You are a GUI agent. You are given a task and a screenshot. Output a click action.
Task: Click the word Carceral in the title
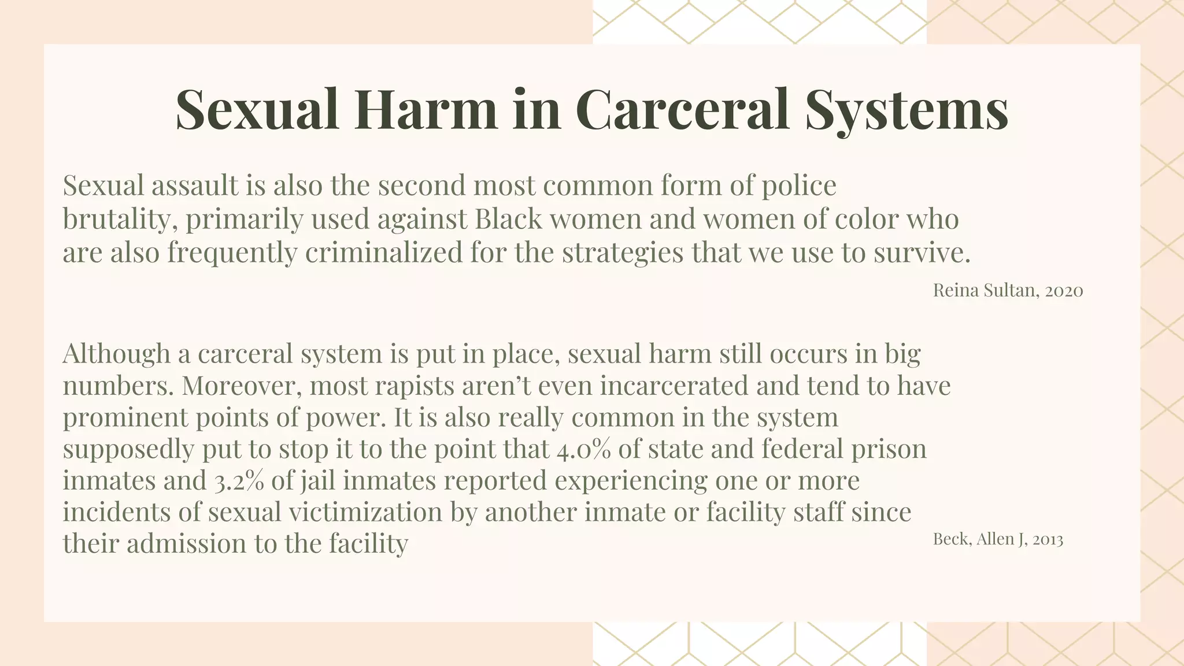pos(682,109)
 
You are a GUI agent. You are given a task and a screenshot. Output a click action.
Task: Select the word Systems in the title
pos(906,109)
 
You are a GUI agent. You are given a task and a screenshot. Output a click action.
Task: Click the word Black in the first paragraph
pos(508,219)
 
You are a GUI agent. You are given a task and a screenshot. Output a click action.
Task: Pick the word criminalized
pos(384,253)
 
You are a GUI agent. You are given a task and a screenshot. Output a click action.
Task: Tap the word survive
pos(922,253)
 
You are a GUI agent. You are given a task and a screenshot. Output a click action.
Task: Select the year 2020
pos(1064,290)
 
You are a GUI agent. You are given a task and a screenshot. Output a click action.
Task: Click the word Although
pos(116,353)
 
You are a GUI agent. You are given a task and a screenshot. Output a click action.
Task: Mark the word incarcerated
pos(674,386)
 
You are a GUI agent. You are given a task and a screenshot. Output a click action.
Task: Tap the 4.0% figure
pos(583,449)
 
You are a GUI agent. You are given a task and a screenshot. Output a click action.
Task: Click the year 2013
pos(1048,539)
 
